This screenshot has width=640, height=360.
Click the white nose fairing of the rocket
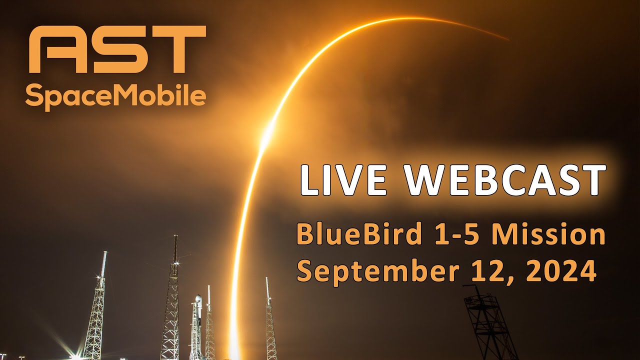click(198, 302)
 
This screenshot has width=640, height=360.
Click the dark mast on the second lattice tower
click(175, 250)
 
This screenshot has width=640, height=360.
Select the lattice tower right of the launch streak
click(270, 325)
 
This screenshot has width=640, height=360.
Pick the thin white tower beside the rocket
click(209, 320)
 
